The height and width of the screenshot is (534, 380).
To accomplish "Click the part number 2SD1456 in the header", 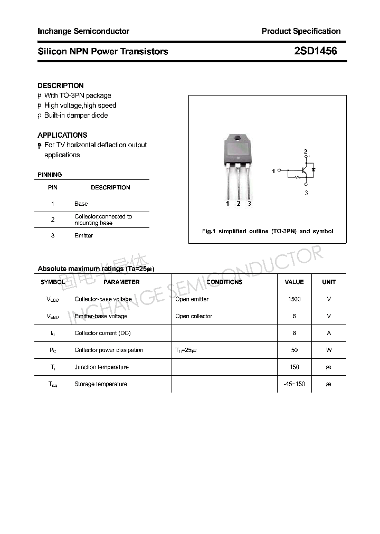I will click(x=315, y=51).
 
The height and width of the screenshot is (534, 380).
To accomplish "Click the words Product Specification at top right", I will click(x=301, y=31).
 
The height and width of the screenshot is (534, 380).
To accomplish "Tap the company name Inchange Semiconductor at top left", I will click(x=83, y=31).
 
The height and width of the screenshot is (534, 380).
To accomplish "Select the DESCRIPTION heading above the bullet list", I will click(x=61, y=85).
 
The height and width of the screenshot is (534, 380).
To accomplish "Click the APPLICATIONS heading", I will click(x=62, y=135).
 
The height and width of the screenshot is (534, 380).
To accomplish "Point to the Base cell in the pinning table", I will click(x=81, y=204).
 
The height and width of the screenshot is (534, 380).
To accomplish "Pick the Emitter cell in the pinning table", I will click(x=83, y=236).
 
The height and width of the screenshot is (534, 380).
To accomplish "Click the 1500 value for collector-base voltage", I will click(x=294, y=299).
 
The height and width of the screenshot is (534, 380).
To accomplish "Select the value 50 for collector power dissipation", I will click(x=294, y=350).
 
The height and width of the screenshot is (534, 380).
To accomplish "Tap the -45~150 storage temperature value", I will click(x=294, y=384).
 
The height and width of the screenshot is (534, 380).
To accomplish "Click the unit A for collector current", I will click(x=329, y=333).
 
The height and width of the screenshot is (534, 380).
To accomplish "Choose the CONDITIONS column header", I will click(x=224, y=282).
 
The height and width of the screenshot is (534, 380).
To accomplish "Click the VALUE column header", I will click(x=294, y=282).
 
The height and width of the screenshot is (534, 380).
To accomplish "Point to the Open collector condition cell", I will click(x=194, y=316).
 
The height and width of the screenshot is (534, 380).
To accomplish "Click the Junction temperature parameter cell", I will click(x=101, y=367).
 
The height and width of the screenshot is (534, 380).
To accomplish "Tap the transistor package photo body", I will click(x=239, y=150).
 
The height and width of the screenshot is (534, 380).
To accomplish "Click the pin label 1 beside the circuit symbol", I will click(x=273, y=171).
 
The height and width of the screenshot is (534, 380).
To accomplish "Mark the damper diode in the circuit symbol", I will click(x=313, y=170).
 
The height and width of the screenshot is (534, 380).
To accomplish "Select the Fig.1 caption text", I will click(x=268, y=231).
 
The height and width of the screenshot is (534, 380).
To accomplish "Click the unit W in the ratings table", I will click(x=329, y=350).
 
